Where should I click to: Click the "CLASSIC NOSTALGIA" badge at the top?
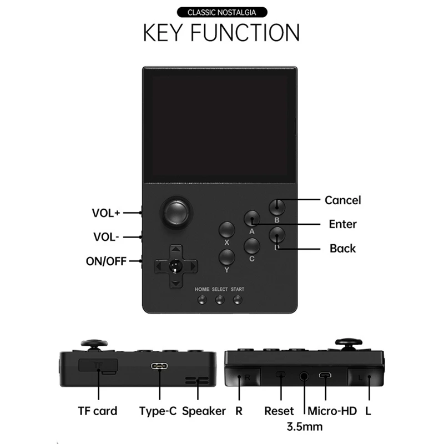click(x=221, y=12)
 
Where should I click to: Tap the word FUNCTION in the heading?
click(x=246, y=33)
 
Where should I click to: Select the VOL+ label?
click(x=106, y=213)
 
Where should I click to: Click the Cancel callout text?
click(x=342, y=200)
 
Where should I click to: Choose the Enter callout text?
click(x=342, y=224)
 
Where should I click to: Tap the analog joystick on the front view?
click(x=176, y=211)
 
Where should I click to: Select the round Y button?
click(x=226, y=257)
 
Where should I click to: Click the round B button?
click(x=276, y=208)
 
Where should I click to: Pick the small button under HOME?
click(x=202, y=300)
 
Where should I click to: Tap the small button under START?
click(x=238, y=300)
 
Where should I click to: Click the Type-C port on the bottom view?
click(x=160, y=367)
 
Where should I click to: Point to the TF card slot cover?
click(x=99, y=366)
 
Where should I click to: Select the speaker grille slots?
click(x=198, y=381)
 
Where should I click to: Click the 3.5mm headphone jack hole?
click(x=304, y=376)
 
